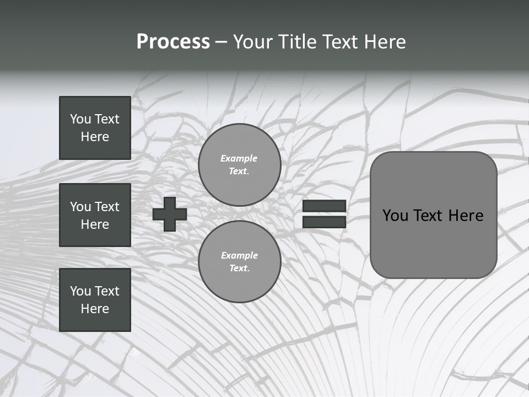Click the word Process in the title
point(173,42)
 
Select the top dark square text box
point(95,128)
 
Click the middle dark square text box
point(95,215)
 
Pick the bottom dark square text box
point(95,300)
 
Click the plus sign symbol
point(170,214)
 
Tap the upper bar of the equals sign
point(324,206)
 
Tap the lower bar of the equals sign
point(324,222)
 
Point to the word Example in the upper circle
point(239,158)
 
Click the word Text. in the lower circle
point(239,269)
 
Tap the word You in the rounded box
point(395,216)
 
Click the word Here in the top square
point(95,137)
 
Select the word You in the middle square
point(80,207)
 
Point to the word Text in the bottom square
point(106,291)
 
